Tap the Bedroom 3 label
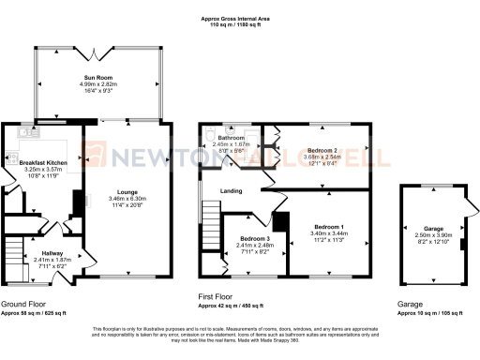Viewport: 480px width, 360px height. pos(251,239)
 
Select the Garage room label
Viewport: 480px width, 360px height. pos(432,228)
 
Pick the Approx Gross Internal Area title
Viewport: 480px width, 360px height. pos(240,18)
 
